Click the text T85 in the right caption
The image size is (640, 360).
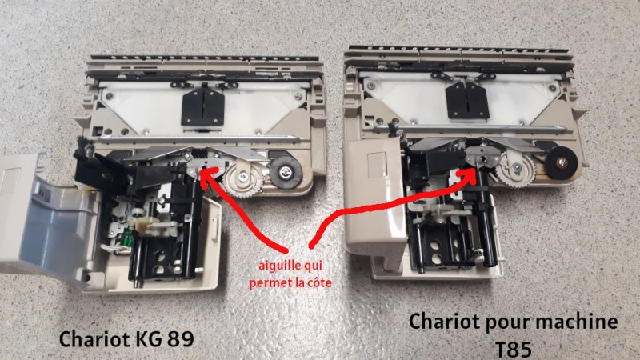tap(514, 350)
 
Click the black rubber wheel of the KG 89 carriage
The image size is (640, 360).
tap(284, 171)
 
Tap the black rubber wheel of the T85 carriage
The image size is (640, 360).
tap(562, 163)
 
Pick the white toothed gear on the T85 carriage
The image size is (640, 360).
tap(515, 170)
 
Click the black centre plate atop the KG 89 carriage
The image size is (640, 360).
tap(203, 106)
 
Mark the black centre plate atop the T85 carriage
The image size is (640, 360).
tap(467, 101)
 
